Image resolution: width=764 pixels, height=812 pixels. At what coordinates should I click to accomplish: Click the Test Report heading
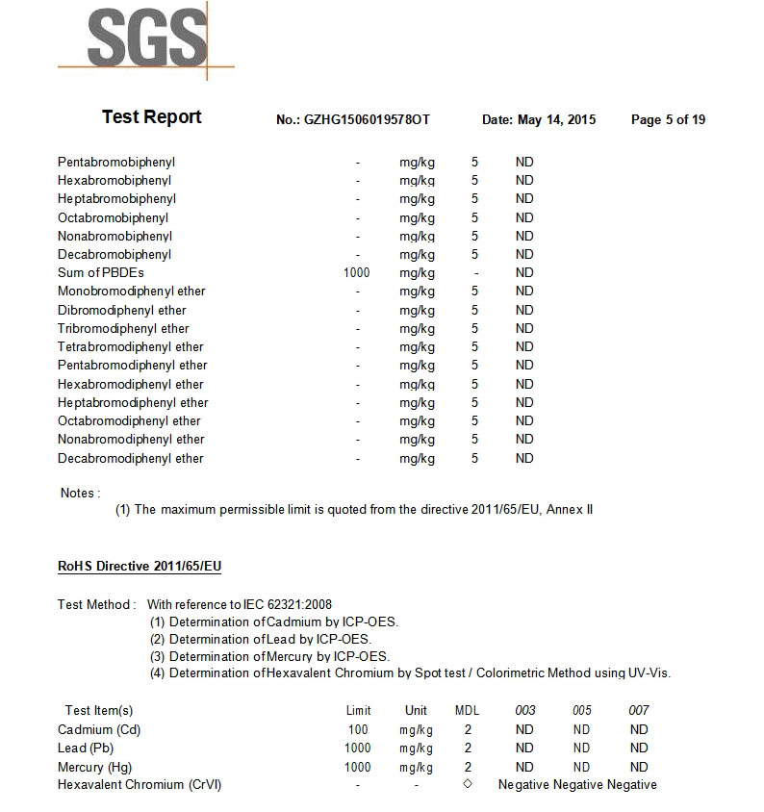(152, 117)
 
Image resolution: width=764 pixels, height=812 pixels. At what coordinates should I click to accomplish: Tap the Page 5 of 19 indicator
(668, 120)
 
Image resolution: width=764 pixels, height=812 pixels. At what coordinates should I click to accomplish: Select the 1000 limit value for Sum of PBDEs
(356, 272)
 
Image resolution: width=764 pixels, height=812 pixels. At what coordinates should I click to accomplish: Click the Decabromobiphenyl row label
(115, 254)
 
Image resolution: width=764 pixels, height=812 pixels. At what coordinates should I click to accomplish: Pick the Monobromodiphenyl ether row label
(131, 291)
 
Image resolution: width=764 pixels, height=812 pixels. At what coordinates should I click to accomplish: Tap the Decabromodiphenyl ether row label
(131, 458)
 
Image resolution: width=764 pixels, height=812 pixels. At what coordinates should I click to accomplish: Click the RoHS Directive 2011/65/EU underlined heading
(140, 566)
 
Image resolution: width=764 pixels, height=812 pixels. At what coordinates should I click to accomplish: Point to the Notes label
(80, 493)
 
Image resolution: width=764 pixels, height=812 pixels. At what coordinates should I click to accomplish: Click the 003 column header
(525, 710)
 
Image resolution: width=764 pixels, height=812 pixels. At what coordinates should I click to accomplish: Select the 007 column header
(639, 710)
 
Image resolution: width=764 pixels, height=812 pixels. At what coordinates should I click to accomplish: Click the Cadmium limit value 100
(358, 729)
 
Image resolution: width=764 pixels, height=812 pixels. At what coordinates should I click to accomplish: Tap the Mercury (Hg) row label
(94, 767)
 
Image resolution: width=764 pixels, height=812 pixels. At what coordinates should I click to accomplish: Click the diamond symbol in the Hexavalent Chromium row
(468, 784)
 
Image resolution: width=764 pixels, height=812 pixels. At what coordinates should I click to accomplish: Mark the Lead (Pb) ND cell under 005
(581, 748)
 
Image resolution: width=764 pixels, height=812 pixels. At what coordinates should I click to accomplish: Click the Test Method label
(95, 604)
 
